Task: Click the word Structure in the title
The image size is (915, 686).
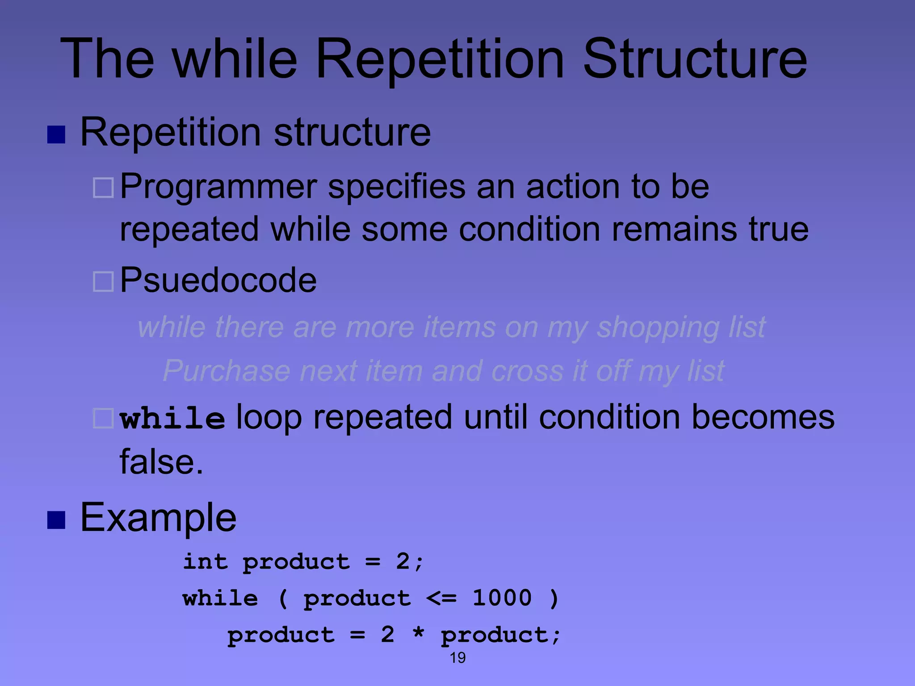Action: [x=695, y=59]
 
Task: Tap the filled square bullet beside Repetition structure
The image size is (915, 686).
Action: [x=56, y=134]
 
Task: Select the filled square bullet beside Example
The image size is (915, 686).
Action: [x=56, y=520]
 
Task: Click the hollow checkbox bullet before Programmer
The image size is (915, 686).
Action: [x=103, y=188]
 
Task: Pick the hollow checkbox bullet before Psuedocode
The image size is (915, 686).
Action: [x=103, y=282]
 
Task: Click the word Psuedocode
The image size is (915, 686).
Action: [x=218, y=280]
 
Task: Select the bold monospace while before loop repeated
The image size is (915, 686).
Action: [x=172, y=418]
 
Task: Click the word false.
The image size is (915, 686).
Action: [x=161, y=462]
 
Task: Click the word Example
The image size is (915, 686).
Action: [x=158, y=518]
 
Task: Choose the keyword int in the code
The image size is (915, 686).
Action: [x=205, y=561]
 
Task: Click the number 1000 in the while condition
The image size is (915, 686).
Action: [x=502, y=598]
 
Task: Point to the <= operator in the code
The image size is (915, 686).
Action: [x=441, y=598]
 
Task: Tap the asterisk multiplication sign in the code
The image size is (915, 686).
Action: [x=418, y=634]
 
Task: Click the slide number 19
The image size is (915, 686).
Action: [x=457, y=657]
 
